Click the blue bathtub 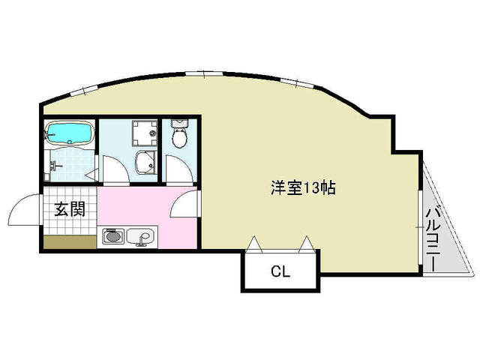point(69,134)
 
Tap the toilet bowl point(180,137)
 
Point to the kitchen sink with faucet point(140,237)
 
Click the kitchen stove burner point(112,238)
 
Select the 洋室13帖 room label point(303,188)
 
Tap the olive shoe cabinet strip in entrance point(69,242)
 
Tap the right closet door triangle point(307,244)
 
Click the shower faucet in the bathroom point(54,164)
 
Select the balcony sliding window point(418,225)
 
